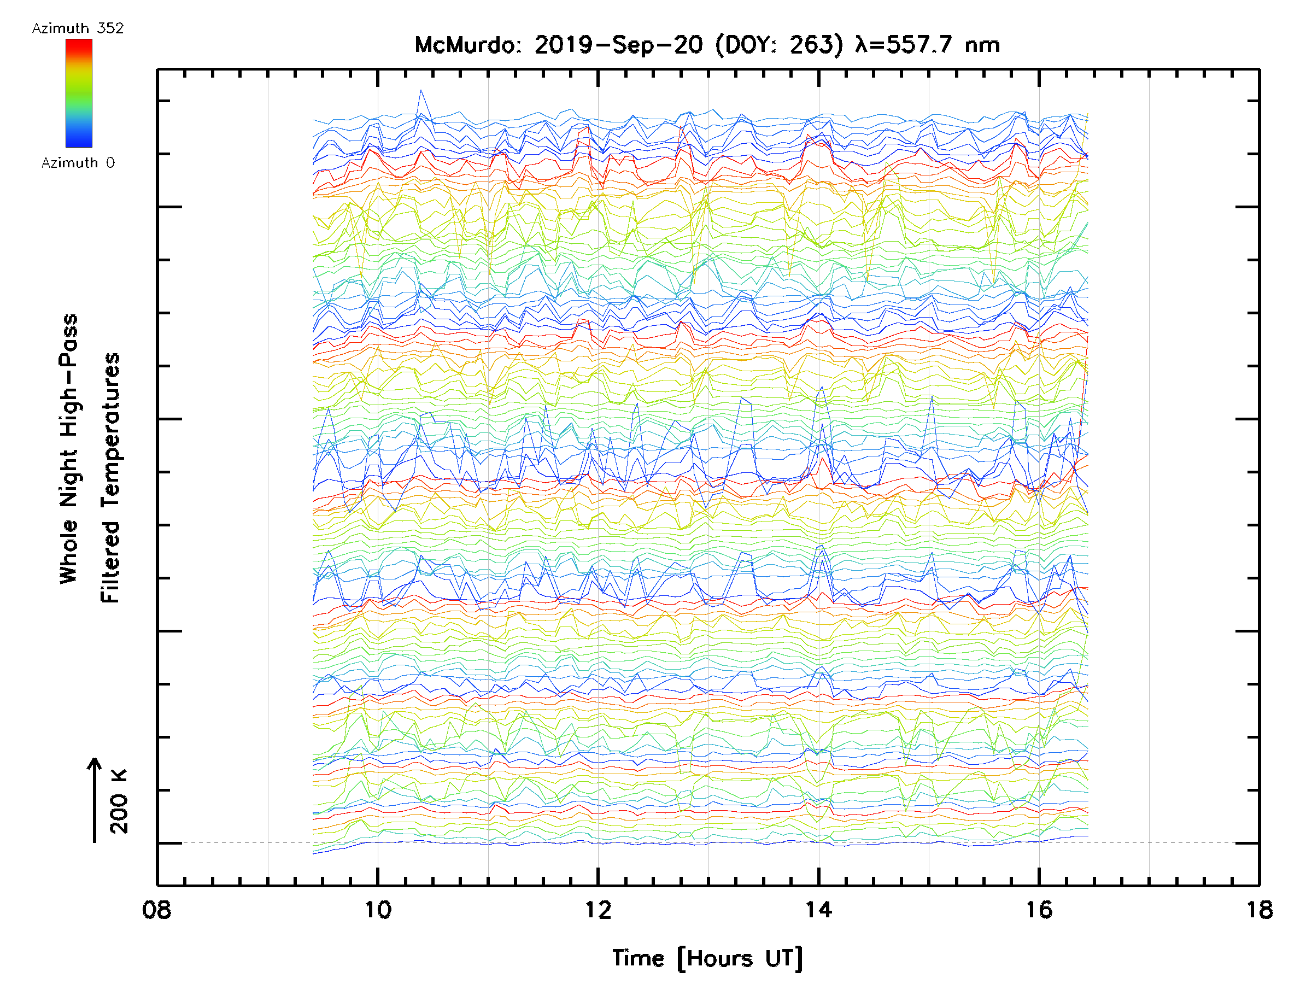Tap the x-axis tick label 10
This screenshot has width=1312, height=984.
[378, 910]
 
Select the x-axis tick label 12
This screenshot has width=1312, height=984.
[598, 910]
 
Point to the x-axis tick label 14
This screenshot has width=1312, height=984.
[818, 910]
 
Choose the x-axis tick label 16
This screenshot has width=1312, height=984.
[1039, 910]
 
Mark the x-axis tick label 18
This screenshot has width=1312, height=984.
[1259, 910]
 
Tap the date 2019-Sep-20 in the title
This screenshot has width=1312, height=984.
[619, 45]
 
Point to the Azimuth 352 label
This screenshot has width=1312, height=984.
[78, 28]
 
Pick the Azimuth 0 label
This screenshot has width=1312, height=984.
[78, 163]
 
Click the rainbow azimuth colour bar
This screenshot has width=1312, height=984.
[79, 93]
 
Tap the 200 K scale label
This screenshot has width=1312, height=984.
[119, 801]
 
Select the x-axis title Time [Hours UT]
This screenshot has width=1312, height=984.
[707, 958]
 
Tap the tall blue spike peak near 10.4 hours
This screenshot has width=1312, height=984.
[420, 91]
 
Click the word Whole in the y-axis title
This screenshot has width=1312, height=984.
[69, 552]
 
